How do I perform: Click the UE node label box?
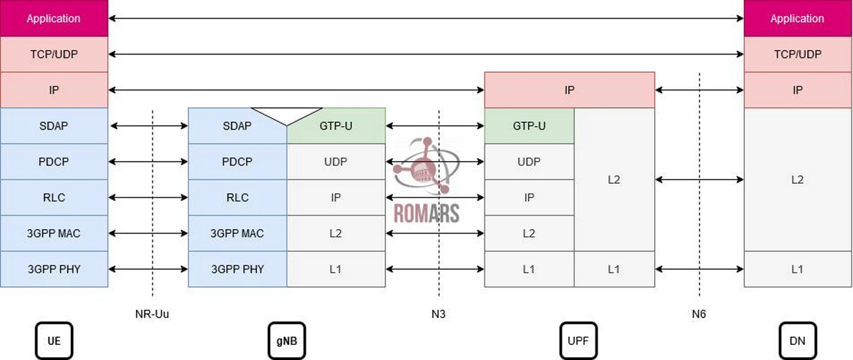click(54, 341)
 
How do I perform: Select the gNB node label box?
click(287, 341)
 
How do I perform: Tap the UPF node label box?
click(578, 341)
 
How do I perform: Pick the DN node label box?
click(797, 341)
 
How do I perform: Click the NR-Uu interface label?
click(153, 313)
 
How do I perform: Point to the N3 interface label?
click(439, 313)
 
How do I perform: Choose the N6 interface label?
click(699, 313)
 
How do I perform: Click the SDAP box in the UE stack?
click(54, 126)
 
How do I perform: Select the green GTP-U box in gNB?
click(336, 126)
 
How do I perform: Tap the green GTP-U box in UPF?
click(530, 126)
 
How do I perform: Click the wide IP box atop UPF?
click(570, 89)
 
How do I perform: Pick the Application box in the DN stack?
click(797, 18)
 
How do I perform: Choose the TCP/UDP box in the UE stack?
click(54, 54)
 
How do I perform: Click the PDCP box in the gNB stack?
click(238, 162)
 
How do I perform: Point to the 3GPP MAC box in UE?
click(54, 233)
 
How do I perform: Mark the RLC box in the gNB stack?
click(238, 198)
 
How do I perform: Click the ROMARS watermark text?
click(426, 213)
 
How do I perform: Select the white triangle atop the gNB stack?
click(287, 115)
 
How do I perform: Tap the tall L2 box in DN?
click(797, 180)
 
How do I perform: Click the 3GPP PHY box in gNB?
click(238, 269)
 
